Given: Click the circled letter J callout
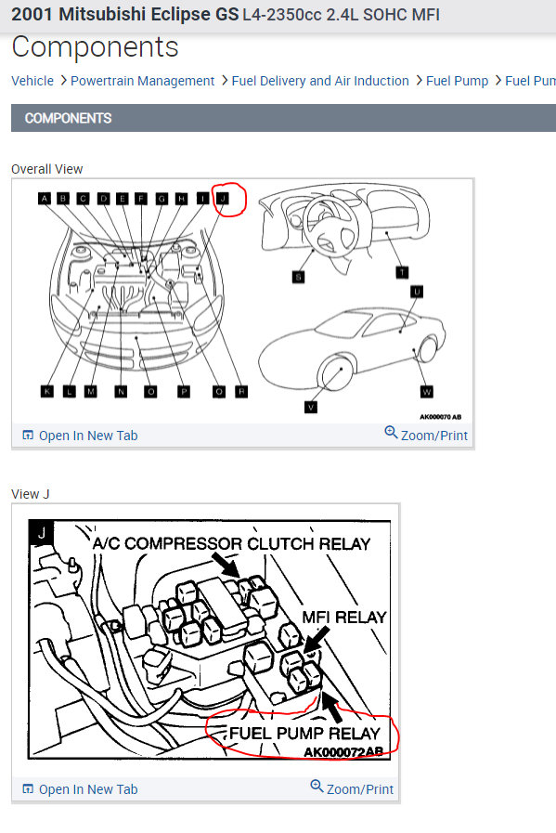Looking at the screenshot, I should (x=223, y=198).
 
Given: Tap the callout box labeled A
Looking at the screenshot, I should (x=44, y=198).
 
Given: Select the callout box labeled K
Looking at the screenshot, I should (x=46, y=391).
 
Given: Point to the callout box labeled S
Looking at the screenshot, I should (x=298, y=276).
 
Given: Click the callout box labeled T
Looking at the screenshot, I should (x=402, y=272).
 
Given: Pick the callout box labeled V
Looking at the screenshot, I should (x=310, y=406).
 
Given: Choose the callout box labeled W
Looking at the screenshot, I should (x=426, y=392).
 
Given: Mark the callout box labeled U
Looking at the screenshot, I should (x=417, y=292).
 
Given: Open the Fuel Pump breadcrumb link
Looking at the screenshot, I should (x=457, y=81).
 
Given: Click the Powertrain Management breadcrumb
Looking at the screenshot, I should (x=142, y=81).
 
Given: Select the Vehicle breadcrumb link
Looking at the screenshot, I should (x=32, y=81).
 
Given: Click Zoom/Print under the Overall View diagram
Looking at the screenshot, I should (x=426, y=435).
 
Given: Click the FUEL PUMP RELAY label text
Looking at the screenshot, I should (x=304, y=734).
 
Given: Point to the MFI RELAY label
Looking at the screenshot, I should (x=343, y=617).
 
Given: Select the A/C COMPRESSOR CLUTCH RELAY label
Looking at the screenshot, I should (x=231, y=543).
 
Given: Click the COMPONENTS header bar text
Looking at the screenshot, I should (x=68, y=118).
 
